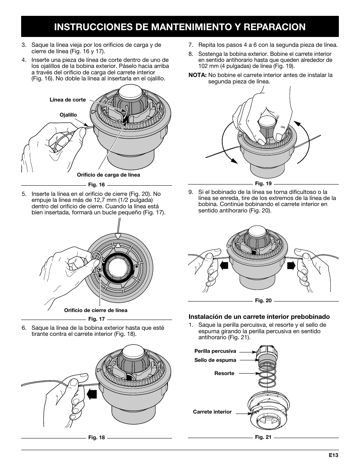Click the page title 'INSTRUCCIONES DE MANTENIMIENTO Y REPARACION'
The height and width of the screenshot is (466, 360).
(180, 26)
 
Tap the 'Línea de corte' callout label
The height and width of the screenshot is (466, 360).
(68, 100)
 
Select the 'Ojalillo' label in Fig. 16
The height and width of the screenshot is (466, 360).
(68, 115)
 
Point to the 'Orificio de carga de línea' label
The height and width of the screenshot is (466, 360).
(108, 175)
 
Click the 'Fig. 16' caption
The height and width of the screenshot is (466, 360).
(96, 185)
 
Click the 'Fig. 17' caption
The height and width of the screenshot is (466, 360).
(96, 319)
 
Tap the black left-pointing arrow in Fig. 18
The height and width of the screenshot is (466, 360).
(92, 395)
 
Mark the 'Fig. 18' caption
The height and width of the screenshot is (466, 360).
(96, 438)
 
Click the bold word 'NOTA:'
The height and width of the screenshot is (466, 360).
(197, 75)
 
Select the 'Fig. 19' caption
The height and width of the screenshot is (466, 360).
(263, 184)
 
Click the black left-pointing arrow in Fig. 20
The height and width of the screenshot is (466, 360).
(225, 265)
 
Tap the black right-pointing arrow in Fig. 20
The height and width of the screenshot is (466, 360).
(291, 265)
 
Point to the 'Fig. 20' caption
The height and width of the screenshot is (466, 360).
(263, 301)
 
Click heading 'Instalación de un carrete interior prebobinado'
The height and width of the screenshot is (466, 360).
(259, 317)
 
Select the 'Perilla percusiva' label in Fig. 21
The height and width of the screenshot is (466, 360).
(215, 351)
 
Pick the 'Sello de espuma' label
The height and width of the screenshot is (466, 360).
(215, 360)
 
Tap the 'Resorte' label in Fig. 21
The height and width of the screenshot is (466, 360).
(224, 373)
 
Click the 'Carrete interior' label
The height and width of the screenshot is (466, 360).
(212, 412)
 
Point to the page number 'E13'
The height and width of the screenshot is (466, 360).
(332, 455)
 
